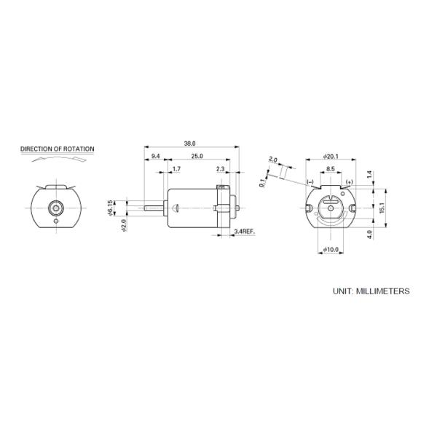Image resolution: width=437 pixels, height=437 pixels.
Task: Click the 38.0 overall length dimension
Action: pos(192,143)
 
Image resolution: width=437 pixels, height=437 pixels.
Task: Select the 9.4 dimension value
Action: pos(155,157)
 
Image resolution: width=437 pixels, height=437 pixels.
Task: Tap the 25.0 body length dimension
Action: pos(197,157)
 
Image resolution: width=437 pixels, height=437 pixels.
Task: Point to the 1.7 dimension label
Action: pos(177,170)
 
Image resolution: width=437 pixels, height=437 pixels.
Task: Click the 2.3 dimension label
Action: pos(221,170)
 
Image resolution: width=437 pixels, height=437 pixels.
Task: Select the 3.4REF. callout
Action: pos(244,231)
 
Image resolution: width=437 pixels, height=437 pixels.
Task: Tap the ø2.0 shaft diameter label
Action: pos(123,225)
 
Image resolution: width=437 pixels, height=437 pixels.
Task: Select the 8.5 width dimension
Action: pos(331,169)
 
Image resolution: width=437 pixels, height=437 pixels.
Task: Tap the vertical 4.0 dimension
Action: pos(369,235)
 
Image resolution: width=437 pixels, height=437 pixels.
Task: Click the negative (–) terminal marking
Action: pos(310,181)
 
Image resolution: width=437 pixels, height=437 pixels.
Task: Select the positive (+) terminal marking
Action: pos(350,181)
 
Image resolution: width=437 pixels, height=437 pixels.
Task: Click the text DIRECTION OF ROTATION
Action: pos(57,149)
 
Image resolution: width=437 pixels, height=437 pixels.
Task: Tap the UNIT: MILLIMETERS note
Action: pos(371,291)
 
